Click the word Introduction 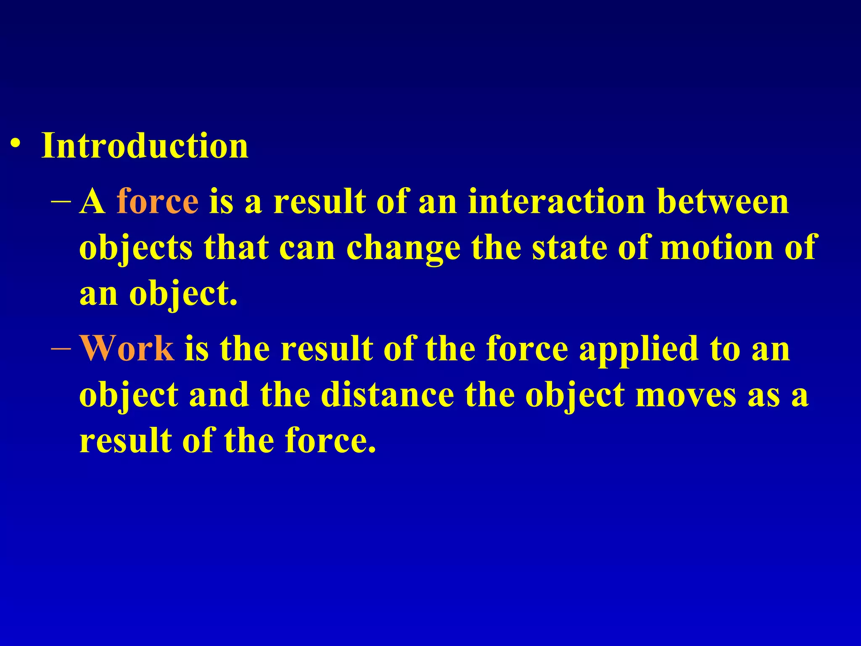tap(145, 146)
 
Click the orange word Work tap(127, 348)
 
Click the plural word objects tap(136, 248)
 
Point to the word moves tap(686, 395)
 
